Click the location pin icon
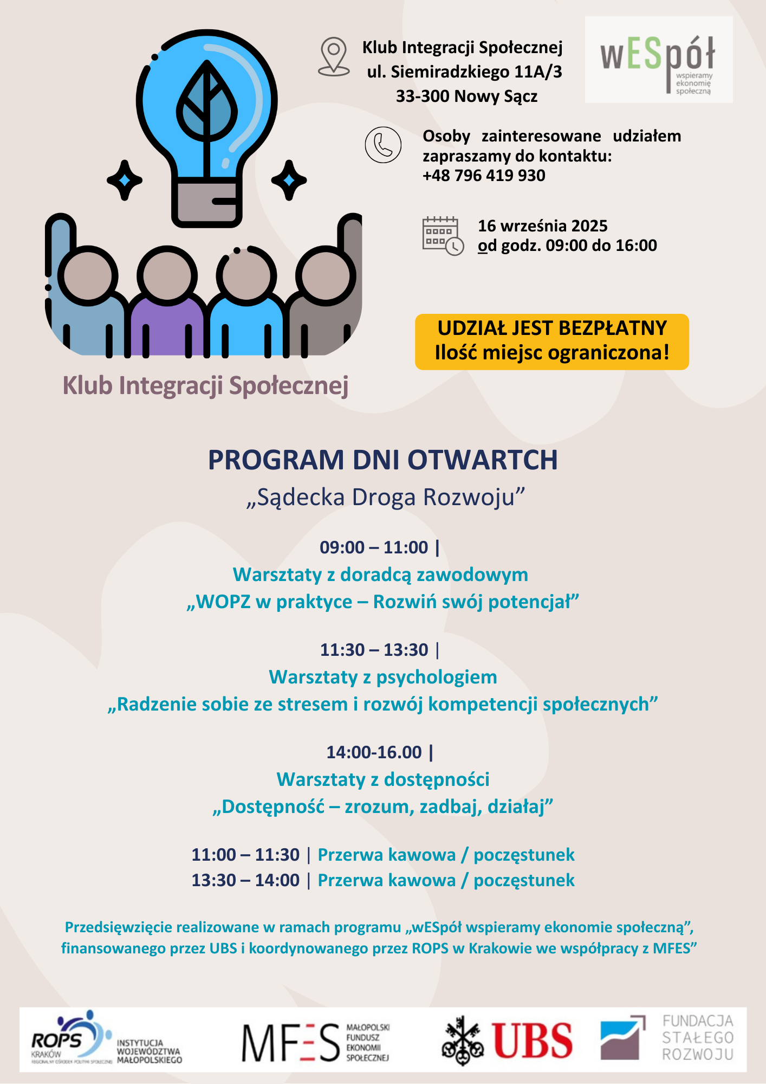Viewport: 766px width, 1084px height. (x=334, y=56)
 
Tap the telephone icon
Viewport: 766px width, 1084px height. (x=383, y=145)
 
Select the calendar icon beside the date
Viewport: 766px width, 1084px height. (x=443, y=236)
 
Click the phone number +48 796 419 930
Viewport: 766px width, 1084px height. (x=484, y=176)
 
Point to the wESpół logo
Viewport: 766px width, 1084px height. (x=659, y=60)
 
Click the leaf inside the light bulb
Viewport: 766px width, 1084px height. (x=207, y=103)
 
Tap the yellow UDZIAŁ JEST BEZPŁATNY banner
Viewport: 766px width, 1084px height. (x=551, y=341)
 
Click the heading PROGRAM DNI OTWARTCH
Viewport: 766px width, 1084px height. (x=382, y=460)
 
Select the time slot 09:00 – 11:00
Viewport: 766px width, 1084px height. (x=374, y=547)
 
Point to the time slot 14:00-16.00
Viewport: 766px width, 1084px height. (x=374, y=752)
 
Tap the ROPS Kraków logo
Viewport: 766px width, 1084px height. (x=70, y=1037)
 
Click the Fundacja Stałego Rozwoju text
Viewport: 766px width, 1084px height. (x=698, y=1038)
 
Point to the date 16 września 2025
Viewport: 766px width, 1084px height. (x=542, y=225)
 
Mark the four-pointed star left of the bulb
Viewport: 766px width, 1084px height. (x=125, y=180)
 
